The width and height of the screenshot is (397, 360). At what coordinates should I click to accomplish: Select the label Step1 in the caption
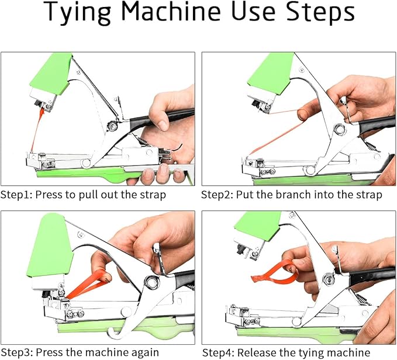tap(16, 195)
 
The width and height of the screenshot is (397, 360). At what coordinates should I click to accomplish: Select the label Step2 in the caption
tap(218, 195)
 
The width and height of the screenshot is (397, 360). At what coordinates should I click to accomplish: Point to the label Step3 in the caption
tap(16, 352)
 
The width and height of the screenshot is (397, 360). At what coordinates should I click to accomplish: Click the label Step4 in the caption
tap(219, 352)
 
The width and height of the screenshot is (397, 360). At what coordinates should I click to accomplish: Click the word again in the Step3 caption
tap(144, 352)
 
